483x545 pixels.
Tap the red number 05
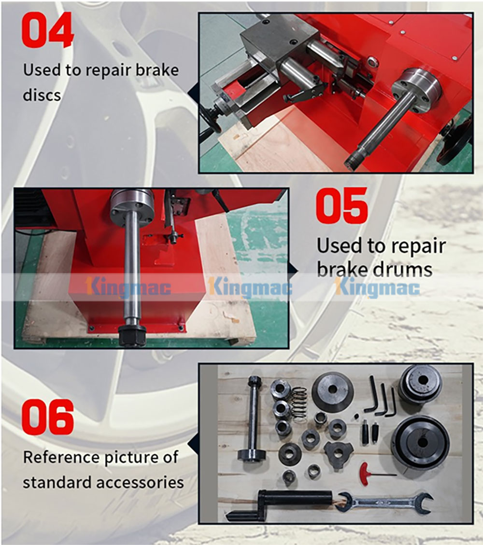pyautogui.click(x=341, y=206)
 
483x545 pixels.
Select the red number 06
pyautogui.click(x=48, y=416)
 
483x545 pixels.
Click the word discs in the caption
pyautogui.click(x=42, y=95)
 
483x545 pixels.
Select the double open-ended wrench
pyautogui.click(x=384, y=502)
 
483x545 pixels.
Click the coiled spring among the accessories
pyautogui.click(x=299, y=405)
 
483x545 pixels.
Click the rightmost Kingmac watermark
pyautogui.click(x=377, y=288)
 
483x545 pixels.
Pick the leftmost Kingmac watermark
pyautogui.click(x=128, y=288)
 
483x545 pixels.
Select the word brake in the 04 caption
pyautogui.click(x=157, y=70)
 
